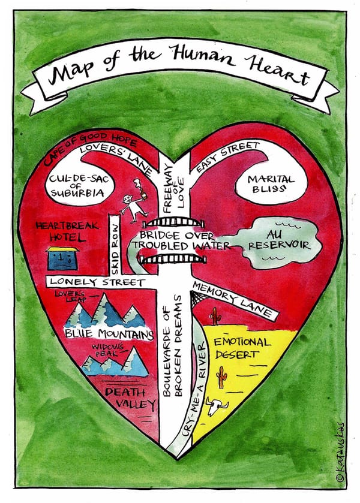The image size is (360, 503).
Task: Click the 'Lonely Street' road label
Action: point(97,282)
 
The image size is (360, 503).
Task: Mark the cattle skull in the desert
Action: point(214,408)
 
